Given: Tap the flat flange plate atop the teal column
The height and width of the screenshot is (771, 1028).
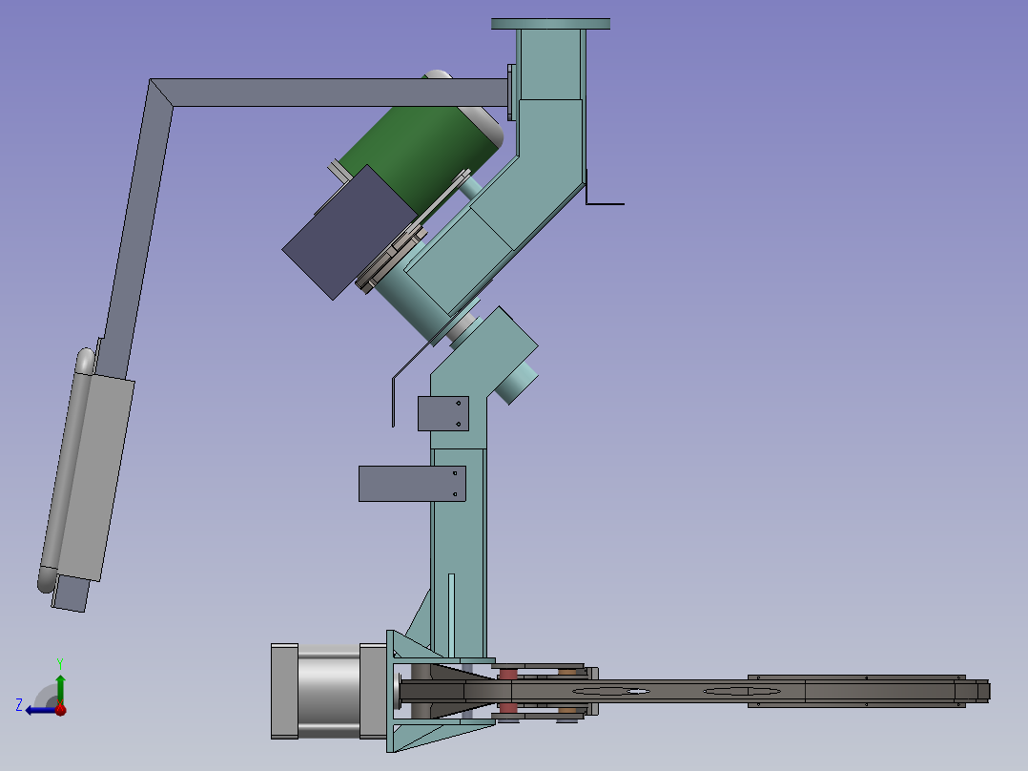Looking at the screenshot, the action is coord(551,24).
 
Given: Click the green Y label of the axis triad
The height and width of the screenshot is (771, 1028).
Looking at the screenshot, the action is coord(60,663).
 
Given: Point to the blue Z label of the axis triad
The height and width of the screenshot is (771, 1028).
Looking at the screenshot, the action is coord(19,705).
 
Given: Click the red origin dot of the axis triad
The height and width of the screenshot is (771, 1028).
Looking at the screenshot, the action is coord(60,709).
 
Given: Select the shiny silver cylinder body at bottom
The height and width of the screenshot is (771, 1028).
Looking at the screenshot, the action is coord(328,691).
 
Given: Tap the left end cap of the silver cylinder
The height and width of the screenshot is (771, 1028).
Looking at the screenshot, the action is coord(284,692).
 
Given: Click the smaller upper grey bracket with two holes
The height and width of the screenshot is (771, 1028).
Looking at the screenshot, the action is coord(443,413).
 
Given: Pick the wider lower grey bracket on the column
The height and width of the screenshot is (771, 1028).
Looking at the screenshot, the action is coord(412,484).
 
